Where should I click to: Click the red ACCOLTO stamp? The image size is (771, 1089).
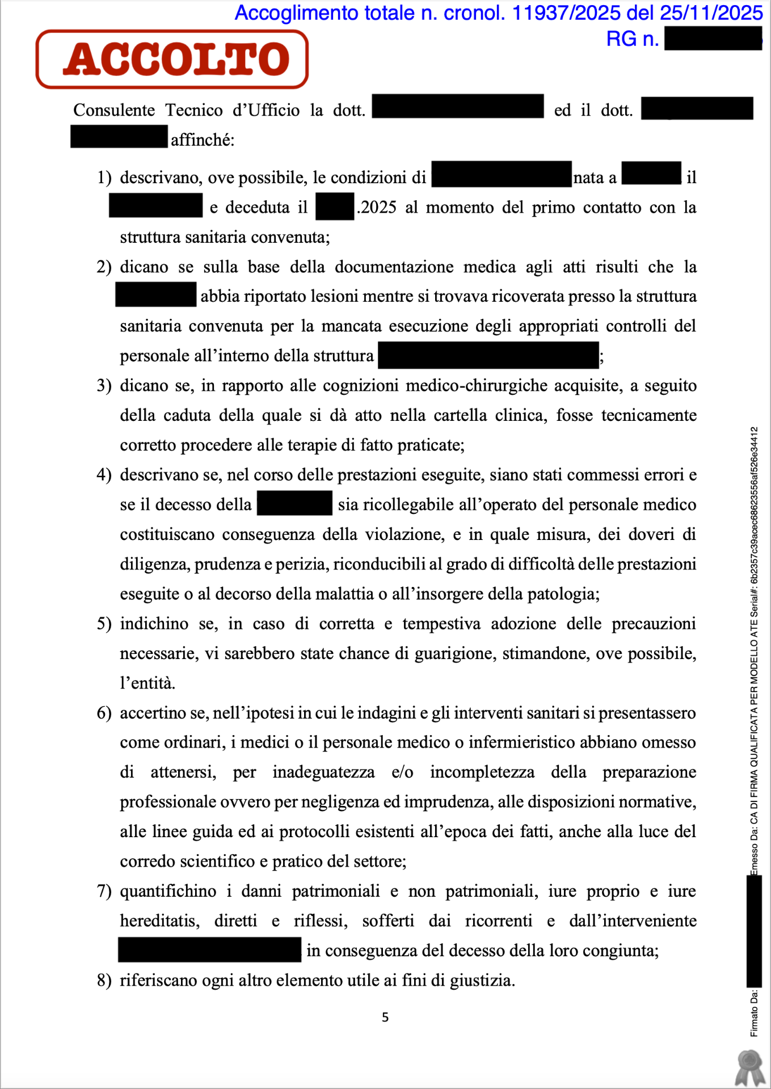coord(172,60)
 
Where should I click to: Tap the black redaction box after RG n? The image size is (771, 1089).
coord(713,39)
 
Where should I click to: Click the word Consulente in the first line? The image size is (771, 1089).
coord(114,110)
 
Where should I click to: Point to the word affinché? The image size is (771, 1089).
coord(203,140)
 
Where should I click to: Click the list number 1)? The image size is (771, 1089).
coord(104,178)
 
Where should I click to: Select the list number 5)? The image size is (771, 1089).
coord(104,624)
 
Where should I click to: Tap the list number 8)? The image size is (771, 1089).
coord(104,981)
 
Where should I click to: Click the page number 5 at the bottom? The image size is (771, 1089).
coord(385,1018)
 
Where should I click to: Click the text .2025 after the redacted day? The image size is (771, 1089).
coord(377,208)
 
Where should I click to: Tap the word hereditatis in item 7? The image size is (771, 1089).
coord(159,921)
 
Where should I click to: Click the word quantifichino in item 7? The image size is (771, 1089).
coord(168,892)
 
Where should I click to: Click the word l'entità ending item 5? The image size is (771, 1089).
coord(148,683)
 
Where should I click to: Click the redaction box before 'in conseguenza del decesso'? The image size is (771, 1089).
coord(209,950)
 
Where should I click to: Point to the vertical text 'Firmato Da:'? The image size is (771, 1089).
coord(754,1013)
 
